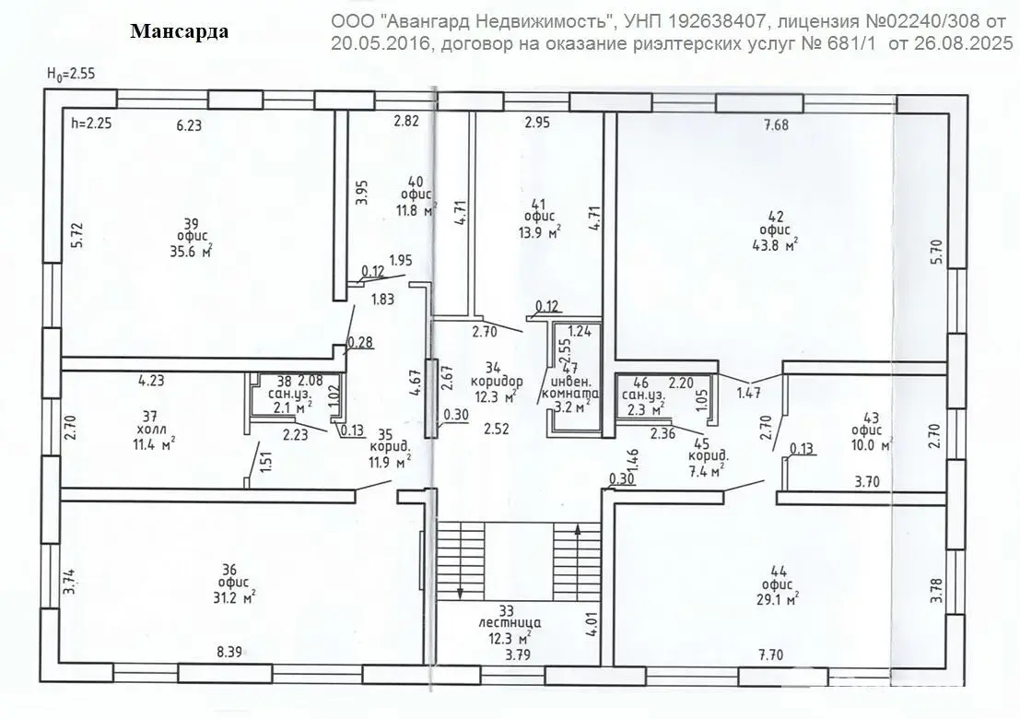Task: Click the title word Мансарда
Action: (180, 32)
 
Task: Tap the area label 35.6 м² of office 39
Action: (192, 251)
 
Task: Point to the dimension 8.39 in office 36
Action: (229, 652)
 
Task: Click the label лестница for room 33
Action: (510, 623)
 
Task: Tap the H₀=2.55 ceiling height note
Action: (71, 74)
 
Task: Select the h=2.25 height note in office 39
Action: (92, 123)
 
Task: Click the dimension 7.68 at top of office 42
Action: (776, 125)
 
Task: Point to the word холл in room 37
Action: (151, 430)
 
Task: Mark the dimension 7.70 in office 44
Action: (770, 654)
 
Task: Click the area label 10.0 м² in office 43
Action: (872, 445)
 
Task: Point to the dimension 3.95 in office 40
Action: (362, 193)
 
